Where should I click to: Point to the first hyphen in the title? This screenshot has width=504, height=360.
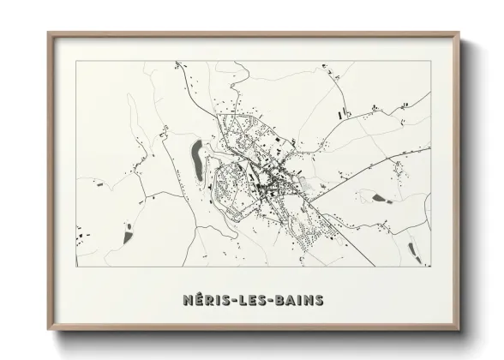(231, 300)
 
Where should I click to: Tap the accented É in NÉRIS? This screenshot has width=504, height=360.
(196, 299)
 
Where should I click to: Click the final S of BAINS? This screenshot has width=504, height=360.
(321, 300)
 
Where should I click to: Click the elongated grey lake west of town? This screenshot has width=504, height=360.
(197, 159)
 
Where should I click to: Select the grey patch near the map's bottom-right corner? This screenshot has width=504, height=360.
(412, 249)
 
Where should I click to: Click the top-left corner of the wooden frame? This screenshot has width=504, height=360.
(49, 33)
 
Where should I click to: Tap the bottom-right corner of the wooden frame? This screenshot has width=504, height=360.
(459, 328)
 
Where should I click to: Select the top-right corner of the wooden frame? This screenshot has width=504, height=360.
(459, 33)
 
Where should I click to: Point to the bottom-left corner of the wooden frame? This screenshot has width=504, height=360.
(49, 328)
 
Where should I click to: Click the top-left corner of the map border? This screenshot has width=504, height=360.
(77, 62)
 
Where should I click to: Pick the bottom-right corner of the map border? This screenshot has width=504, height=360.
(429, 267)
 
